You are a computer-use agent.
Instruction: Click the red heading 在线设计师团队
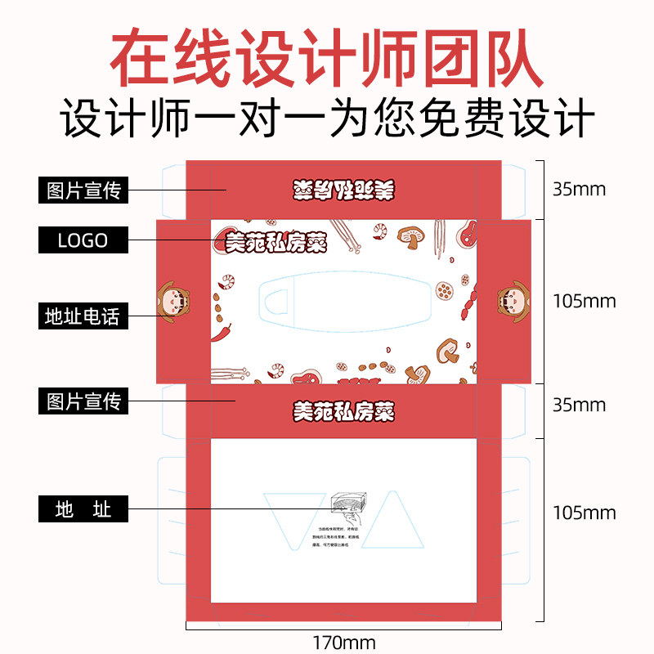click(x=326, y=60)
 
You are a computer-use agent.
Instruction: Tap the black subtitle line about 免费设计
click(x=326, y=119)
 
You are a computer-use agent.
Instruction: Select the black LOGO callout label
click(x=83, y=240)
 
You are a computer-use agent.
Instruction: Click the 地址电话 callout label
click(x=83, y=316)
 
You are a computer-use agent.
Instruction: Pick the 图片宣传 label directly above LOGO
click(x=83, y=190)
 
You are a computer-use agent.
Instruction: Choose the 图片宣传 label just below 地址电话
click(x=83, y=401)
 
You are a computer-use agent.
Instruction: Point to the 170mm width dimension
click(x=344, y=643)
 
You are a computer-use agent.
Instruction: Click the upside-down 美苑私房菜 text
click(x=343, y=189)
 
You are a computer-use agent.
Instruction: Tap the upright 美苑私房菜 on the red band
click(x=343, y=411)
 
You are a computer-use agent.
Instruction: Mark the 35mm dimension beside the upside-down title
click(x=579, y=190)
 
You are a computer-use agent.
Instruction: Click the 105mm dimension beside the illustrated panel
click(x=584, y=301)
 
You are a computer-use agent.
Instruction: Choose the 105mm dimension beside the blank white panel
click(x=584, y=513)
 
